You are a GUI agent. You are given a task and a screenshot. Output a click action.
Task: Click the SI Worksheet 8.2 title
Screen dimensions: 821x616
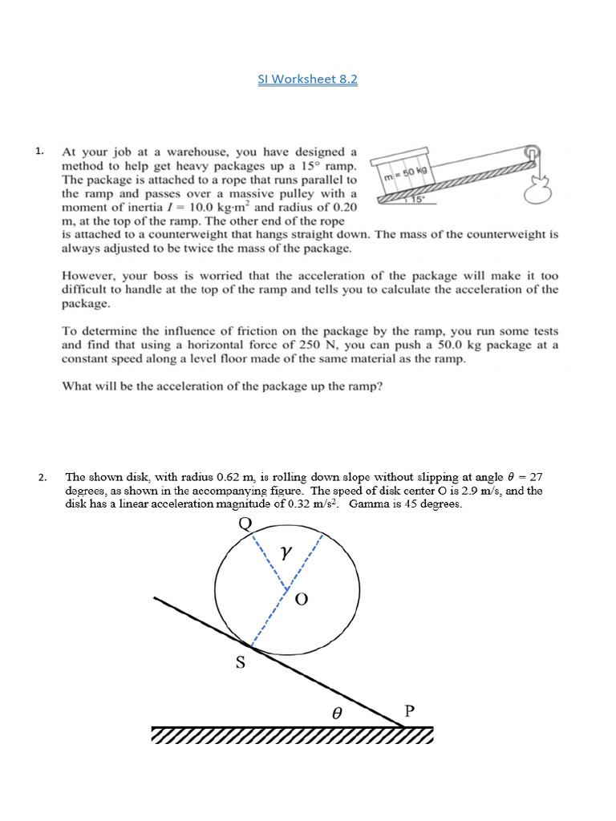tap(307, 79)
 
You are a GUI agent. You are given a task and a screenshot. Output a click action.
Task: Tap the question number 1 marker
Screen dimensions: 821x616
tap(38, 151)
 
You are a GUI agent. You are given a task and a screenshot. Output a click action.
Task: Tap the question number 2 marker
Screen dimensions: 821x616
tap(42, 479)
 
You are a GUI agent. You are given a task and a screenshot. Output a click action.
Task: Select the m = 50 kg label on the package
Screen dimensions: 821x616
tap(406, 174)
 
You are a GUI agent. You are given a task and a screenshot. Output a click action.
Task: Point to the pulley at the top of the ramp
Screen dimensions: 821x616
tap(532, 155)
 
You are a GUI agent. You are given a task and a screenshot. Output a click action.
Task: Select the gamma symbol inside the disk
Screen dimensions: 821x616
tap(283, 552)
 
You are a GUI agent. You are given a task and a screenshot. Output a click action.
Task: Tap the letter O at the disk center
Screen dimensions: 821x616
tap(302, 600)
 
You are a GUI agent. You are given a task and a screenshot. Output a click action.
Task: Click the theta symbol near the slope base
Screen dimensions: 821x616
tap(338, 710)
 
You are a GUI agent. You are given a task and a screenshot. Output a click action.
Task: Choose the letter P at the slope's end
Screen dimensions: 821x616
tap(409, 710)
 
